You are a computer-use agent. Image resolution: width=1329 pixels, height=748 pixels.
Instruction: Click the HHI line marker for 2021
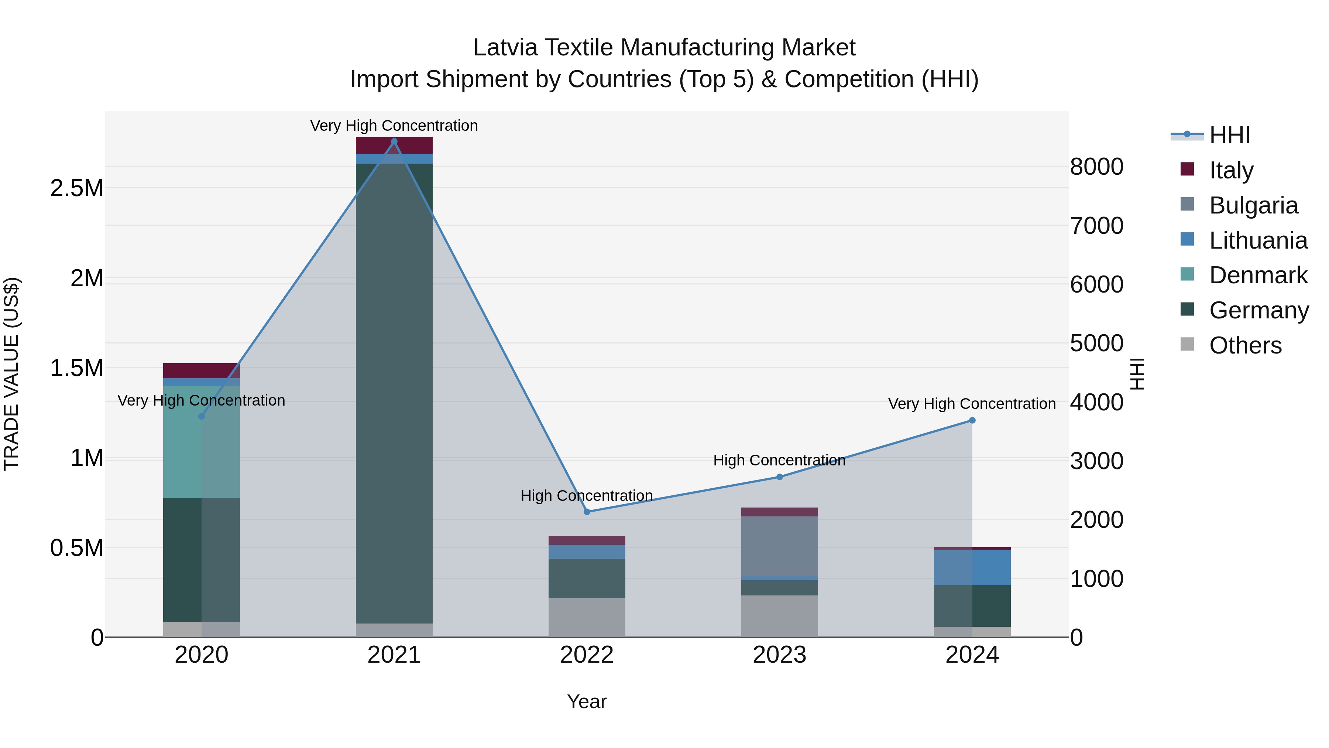coord(394,141)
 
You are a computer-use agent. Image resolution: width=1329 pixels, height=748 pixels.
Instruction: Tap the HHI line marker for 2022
coord(587,512)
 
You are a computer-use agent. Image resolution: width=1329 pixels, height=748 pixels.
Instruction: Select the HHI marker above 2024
coord(972,420)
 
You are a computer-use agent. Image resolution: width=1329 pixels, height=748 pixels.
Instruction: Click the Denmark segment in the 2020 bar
coord(201,441)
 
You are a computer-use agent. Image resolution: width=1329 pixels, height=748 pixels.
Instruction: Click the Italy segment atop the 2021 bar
coord(394,145)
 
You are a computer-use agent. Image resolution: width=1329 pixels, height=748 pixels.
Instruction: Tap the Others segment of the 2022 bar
coord(587,617)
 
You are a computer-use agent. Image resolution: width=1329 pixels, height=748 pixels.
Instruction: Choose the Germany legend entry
coord(1258,310)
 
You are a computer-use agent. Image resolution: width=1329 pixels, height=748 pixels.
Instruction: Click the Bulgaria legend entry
coord(1253,205)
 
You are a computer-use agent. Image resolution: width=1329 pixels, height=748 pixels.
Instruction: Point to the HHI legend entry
coord(1229,135)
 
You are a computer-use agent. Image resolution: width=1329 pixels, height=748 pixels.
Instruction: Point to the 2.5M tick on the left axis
coord(76,188)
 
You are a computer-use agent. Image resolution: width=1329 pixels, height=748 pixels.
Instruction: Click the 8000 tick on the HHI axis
coord(1096,167)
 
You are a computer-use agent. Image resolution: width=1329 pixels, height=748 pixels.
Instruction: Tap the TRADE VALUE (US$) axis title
coord(11,374)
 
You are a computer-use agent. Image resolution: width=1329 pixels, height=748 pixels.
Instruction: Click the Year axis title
coord(587,701)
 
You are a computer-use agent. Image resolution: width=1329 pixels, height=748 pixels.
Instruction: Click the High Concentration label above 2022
coord(587,496)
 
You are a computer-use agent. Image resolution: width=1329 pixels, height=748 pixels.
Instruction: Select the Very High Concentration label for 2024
coord(972,404)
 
